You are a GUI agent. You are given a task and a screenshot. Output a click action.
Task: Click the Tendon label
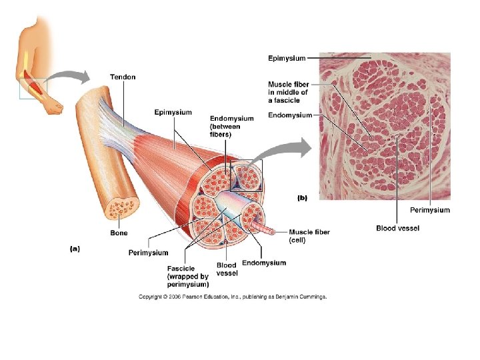click(x=123, y=77)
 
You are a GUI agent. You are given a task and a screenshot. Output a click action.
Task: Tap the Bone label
click(x=119, y=233)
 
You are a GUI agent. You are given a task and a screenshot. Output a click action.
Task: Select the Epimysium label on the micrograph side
click(x=287, y=59)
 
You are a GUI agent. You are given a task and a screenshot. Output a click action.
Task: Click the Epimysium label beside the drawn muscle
click(x=172, y=112)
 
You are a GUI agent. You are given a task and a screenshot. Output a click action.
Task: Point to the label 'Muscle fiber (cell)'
click(x=309, y=236)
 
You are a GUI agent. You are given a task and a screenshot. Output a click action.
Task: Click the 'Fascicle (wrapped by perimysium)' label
click(x=188, y=277)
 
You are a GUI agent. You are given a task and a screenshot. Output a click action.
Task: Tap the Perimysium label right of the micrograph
click(x=429, y=210)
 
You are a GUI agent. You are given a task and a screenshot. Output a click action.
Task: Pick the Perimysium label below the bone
click(x=148, y=253)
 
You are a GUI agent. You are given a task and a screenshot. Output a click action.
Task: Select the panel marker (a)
click(x=75, y=249)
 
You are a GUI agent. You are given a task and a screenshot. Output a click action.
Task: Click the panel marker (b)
click(x=302, y=197)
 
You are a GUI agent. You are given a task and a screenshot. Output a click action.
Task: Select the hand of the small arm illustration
click(x=55, y=105)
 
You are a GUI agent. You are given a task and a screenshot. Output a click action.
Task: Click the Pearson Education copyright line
click(x=233, y=297)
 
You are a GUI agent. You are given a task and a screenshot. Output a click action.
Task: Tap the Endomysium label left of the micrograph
click(x=289, y=115)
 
